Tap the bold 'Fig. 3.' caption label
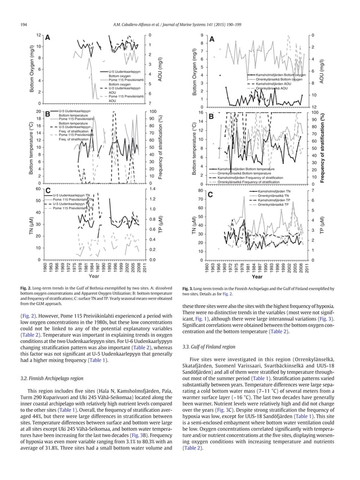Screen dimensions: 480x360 pos(190,289)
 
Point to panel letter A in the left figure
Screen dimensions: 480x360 pos(48,38)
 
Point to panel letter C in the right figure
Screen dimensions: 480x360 pos(210,195)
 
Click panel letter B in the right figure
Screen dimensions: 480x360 pos(210,116)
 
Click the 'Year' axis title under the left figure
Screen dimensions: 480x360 pos(94,277)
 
